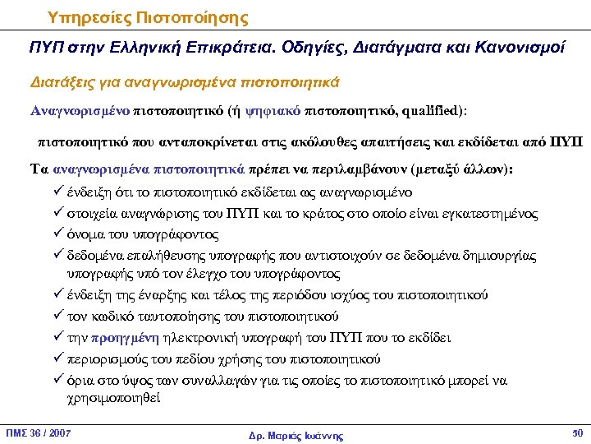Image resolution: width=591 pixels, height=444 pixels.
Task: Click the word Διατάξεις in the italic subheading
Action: point(62,82)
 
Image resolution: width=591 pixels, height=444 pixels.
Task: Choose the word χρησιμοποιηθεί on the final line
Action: point(115,397)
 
